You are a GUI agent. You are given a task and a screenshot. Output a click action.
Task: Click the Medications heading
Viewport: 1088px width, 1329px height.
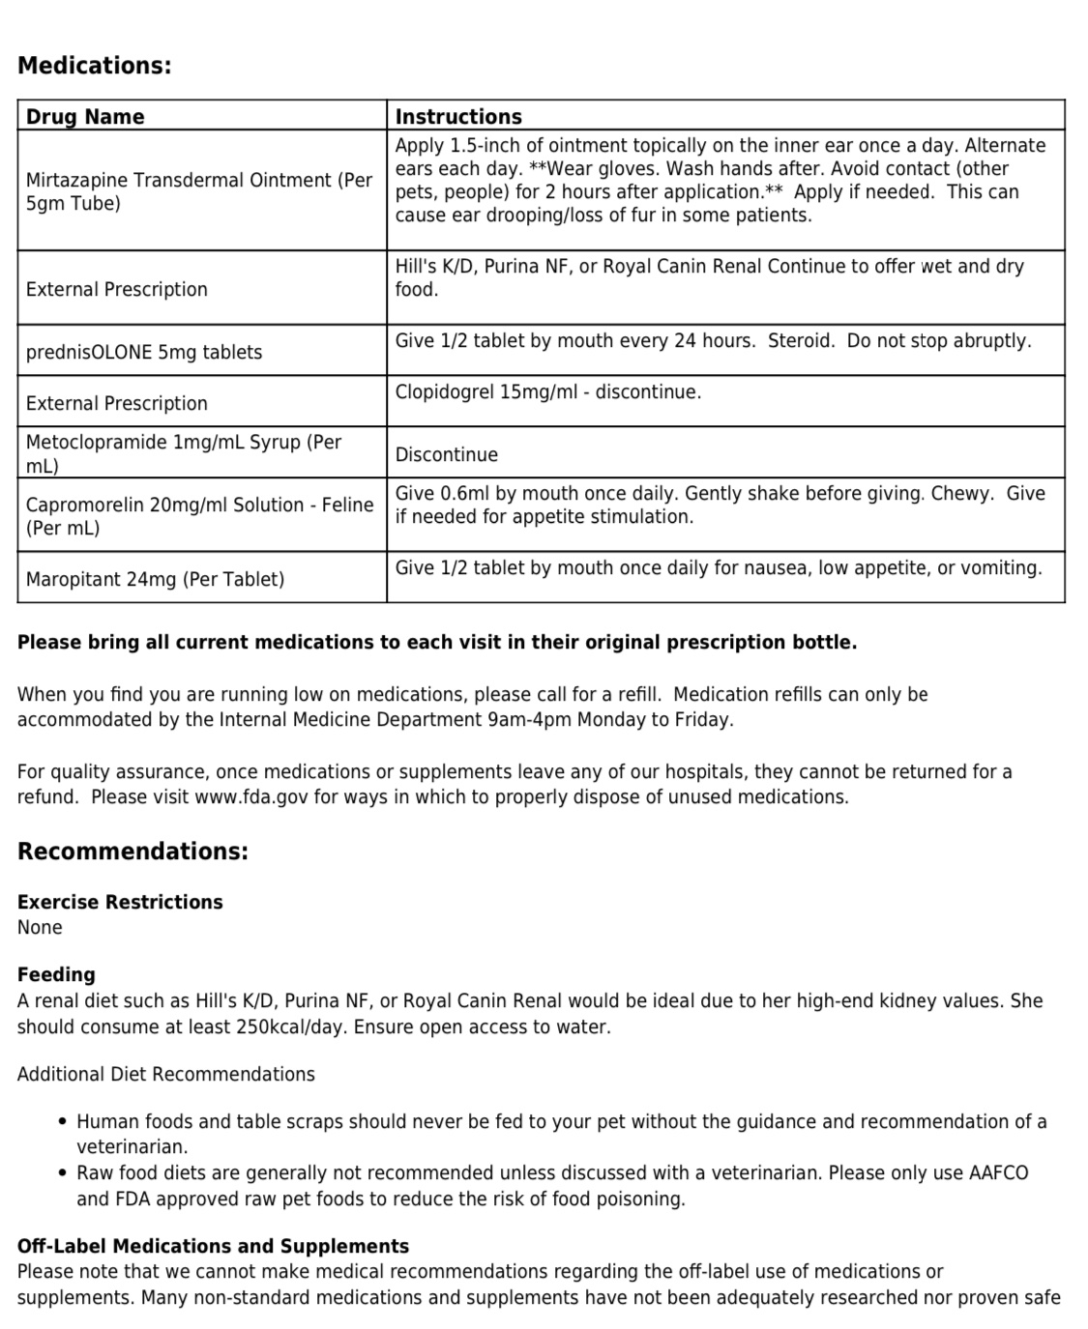pyautogui.click(x=94, y=66)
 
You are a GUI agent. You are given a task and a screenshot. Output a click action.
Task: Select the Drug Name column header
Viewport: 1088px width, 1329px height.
pyautogui.click(x=85, y=117)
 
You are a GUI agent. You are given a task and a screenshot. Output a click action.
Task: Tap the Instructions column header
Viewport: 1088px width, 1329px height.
pyautogui.click(x=458, y=117)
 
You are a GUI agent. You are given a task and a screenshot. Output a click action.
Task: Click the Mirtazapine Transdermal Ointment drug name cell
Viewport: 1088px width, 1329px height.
pyautogui.click(x=198, y=191)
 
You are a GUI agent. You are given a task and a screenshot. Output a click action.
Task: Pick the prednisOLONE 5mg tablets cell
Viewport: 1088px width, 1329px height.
pyautogui.click(x=144, y=352)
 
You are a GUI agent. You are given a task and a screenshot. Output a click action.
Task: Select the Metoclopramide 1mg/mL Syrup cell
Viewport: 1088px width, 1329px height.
pyautogui.click(x=184, y=453)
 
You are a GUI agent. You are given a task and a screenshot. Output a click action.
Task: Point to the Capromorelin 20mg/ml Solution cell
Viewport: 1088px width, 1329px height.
pyautogui.click(x=199, y=516)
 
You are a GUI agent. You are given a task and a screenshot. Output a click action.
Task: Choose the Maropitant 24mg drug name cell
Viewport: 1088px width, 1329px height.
pyautogui.click(x=155, y=579)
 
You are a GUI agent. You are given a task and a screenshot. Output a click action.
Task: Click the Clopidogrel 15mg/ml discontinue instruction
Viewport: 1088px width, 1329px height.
pyautogui.click(x=547, y=391)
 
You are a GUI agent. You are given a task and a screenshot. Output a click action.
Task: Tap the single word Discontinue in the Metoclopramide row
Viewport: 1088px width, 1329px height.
pyautogui.click(x=446, y=454)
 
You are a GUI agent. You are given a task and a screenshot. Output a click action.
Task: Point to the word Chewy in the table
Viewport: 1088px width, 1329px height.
pyautogui.click(x=961, y=493)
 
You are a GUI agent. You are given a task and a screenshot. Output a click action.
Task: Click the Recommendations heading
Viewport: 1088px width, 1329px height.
pyautogui.click(x=132, y=852)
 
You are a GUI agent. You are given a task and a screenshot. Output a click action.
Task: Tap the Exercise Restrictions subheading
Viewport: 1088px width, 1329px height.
pyautogui.click(x=120, y=902)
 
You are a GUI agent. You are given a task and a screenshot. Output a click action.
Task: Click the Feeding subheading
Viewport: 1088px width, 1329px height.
pyautogui.click(x=56, y=974)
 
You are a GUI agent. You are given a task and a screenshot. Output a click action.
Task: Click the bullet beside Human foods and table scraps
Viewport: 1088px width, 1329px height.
pyautogui.click(x=63, y=1122)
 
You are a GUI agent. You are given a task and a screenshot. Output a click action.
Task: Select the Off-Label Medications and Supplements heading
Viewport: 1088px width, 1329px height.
pyautogui.click(x=213, y=1246)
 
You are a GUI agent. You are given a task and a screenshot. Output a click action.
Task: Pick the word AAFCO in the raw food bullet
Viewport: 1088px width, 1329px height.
pyautogui.click(x=998, y=1172)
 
